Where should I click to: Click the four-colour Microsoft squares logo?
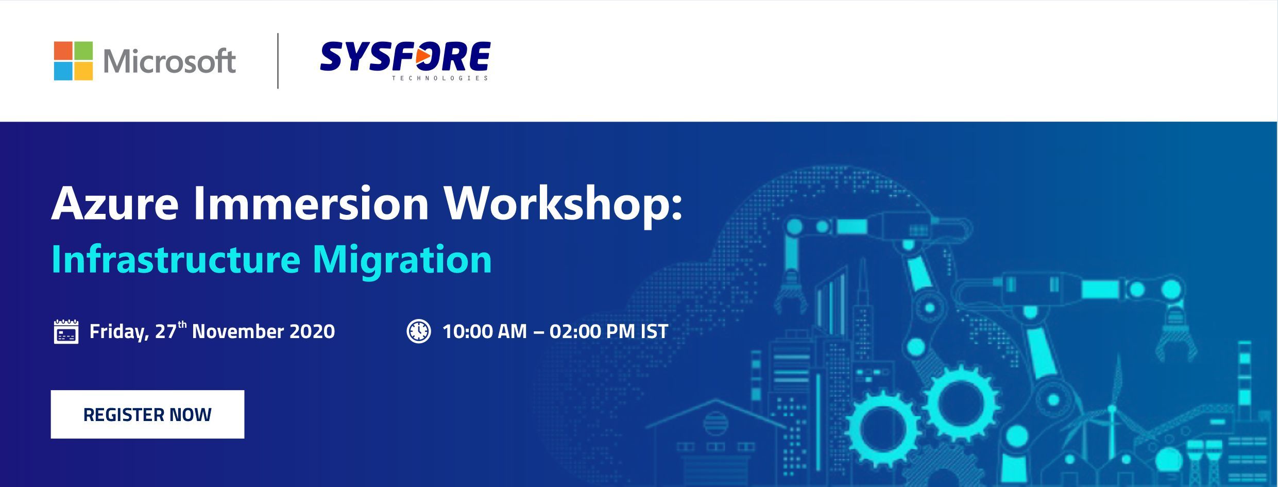74,61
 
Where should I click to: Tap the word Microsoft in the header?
169,61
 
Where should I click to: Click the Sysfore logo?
405,61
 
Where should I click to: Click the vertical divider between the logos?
278,61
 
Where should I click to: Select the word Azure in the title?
115,204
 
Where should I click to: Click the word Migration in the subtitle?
402,260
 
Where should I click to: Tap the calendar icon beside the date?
66,331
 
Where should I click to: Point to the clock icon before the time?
419,331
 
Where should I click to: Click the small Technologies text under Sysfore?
440,78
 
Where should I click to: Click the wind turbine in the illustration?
1113,412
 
